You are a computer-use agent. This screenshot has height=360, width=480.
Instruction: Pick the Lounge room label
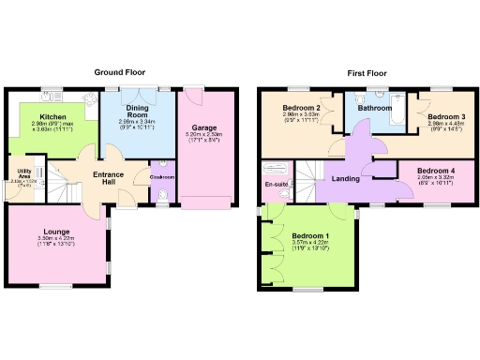click(x=55, y=231)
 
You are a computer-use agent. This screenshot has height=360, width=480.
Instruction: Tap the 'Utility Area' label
click(x=23, y=173)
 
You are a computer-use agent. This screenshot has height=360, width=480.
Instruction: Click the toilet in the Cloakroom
click(x=163, y=195)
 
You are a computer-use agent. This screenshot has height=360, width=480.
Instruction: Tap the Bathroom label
click(x=374, y=109)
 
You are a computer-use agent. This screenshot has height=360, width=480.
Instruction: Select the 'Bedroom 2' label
click(x=302, y=109)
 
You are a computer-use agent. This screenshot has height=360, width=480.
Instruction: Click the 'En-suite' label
click(x=277, y=185)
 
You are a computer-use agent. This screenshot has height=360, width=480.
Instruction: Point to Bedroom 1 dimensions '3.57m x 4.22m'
click(x=309, y=242)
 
